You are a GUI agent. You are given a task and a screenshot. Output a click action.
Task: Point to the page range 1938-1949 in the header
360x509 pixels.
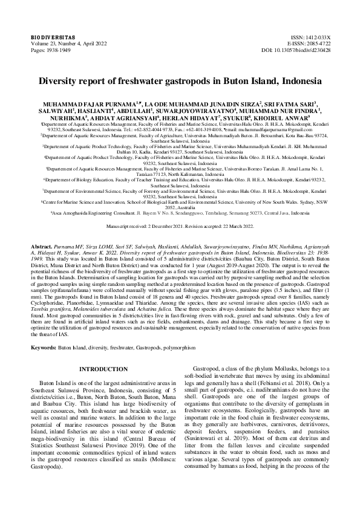58,50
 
